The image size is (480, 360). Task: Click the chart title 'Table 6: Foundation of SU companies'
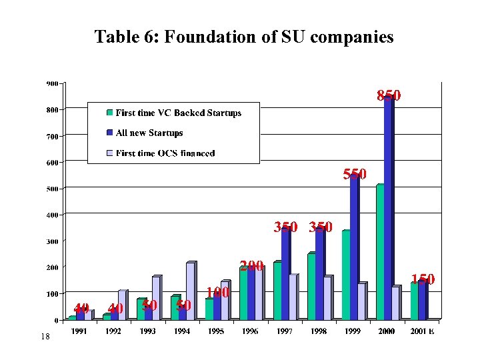[244, 37]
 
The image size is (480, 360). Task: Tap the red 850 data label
[389, 95]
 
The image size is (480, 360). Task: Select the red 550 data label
[354, 175]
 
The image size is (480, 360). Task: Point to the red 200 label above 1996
[252, 266]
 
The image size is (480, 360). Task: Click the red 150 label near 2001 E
[423, 279]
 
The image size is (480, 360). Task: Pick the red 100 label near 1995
[217, 293]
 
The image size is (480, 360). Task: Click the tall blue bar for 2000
[388, 213]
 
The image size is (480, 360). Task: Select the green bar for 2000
[379, 253]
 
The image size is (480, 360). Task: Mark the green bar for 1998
[311, 287]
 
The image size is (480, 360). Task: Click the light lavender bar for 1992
[121, 305]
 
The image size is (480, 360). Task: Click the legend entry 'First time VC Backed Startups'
[178, 113]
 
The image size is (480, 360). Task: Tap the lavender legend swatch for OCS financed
[110, 153]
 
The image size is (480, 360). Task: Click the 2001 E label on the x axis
[421, 331]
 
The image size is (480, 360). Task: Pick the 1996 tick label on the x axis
[250, 331]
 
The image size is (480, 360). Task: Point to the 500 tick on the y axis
[51, 189]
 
